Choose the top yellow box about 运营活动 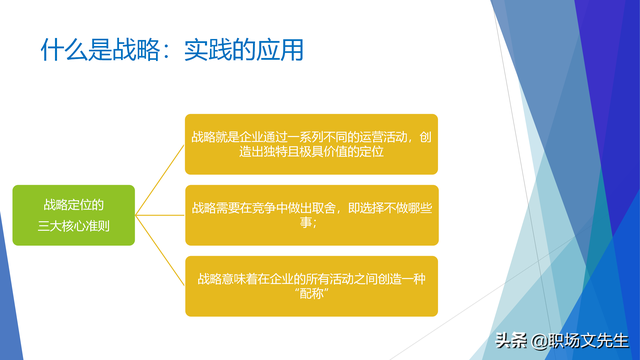(311, 145)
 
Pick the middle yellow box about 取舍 (311, 215)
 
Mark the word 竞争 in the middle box (260, 208)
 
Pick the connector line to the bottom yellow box (160, 258)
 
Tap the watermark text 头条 (511, 341)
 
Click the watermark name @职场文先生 (578, 341)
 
